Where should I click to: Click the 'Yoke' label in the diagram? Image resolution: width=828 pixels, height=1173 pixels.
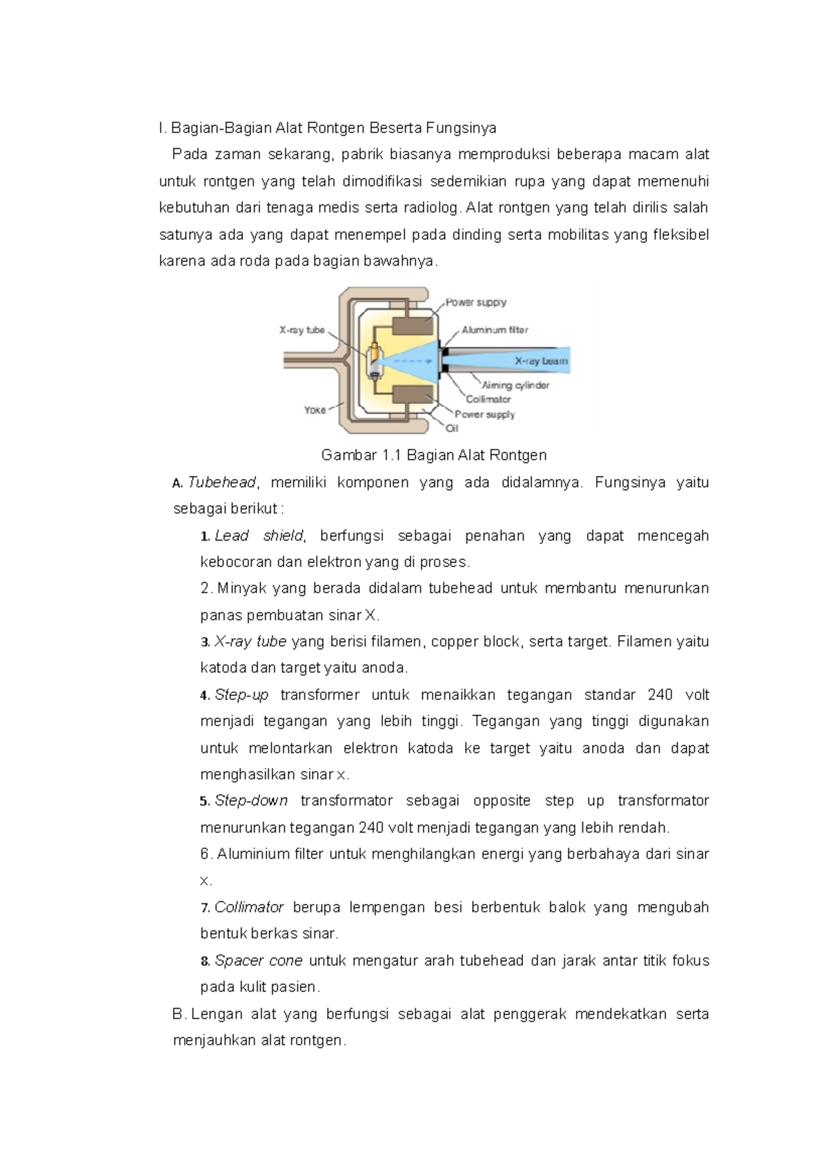point(315,410)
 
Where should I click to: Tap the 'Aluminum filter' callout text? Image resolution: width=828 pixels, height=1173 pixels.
point(495,330)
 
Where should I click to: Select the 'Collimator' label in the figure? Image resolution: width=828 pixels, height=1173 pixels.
point(489,399)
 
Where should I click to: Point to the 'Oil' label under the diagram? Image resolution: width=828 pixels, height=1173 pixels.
point(452,428)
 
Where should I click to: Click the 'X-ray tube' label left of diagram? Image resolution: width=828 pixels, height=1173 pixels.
point(302,330)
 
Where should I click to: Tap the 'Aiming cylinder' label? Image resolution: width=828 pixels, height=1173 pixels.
point(515,385)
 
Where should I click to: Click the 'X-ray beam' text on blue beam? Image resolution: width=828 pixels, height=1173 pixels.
point(541,361)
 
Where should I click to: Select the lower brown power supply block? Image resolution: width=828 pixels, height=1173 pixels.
point(413,396)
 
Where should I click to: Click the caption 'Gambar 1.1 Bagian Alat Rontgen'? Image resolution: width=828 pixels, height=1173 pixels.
point(434,455)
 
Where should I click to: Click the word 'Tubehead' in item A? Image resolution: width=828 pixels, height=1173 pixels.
point(222,482)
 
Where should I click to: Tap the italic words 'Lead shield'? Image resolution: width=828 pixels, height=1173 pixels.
point(259,536)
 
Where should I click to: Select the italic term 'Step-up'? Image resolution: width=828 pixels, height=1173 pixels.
point(241,694)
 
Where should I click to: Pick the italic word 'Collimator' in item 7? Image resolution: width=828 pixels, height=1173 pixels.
point(249,907)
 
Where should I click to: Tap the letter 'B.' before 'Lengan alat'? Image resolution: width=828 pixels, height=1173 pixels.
point(179,1014)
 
